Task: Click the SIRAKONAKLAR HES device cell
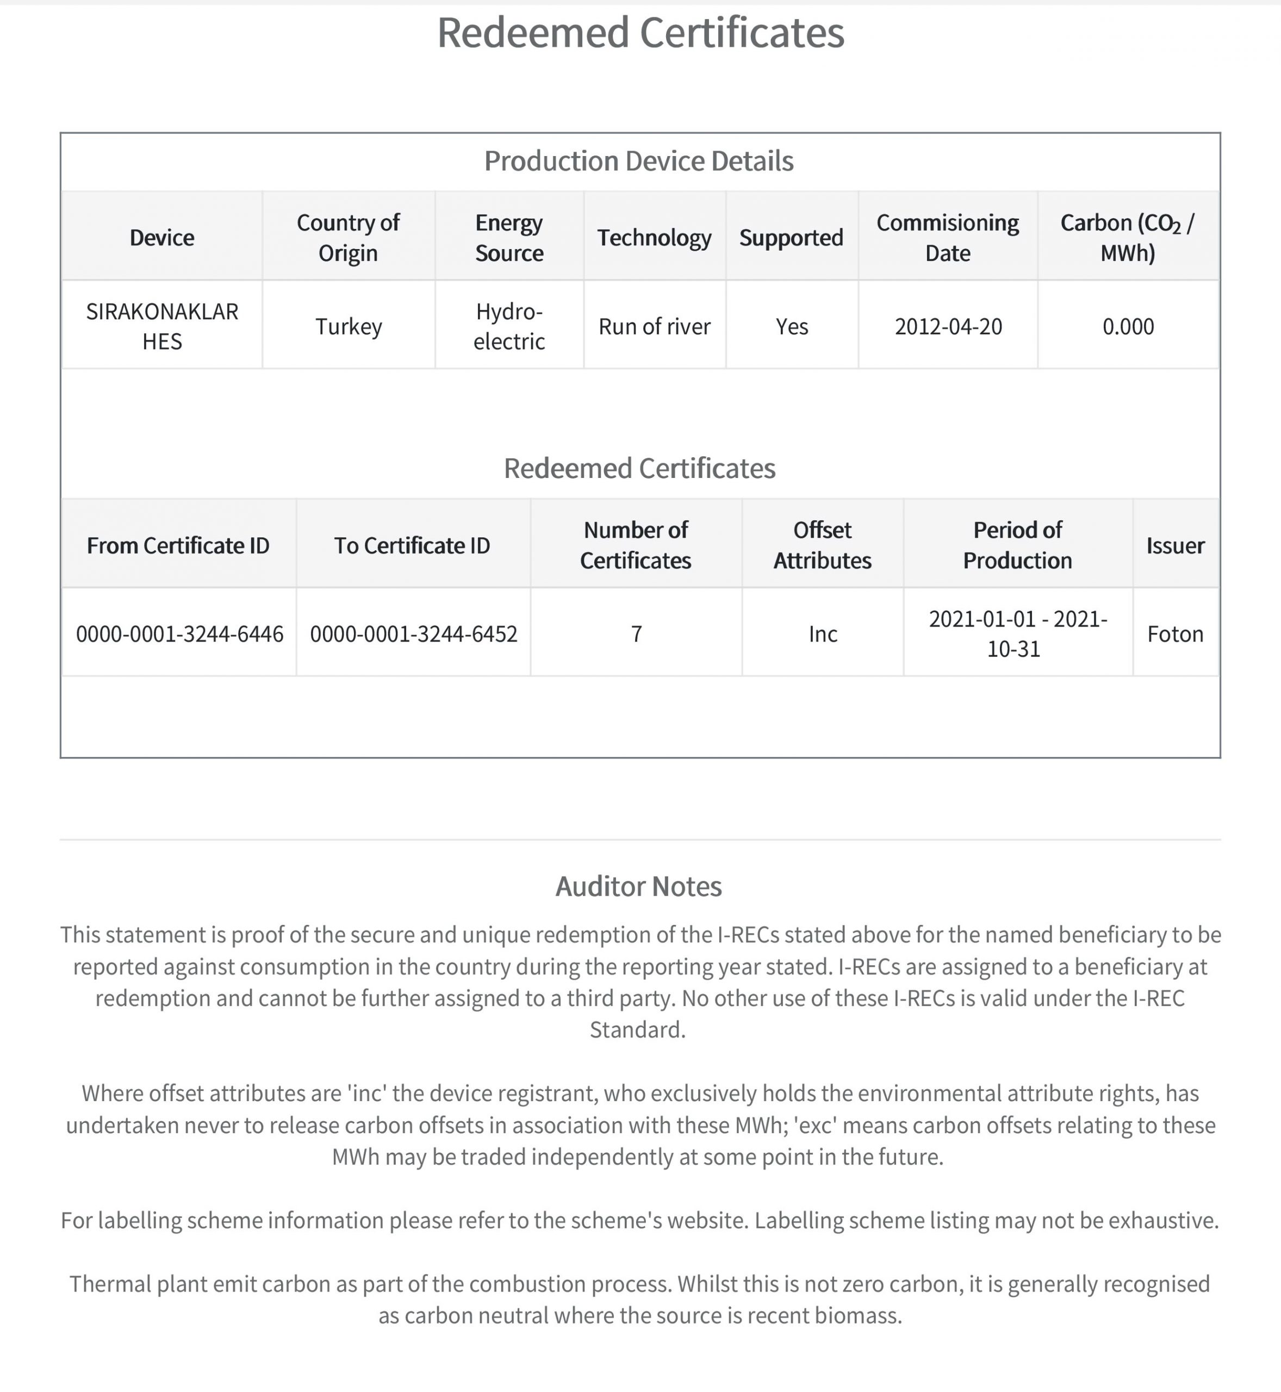pyautogui.click(x=162, y=326)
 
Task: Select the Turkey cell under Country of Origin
pyautogui.click(x=349, y=326)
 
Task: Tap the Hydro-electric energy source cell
pyautogui.click(x=509, y=326)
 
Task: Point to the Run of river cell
pyautogui.click(x=654, y=326)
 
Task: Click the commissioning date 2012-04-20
pyautogui.click(x=948, y=326)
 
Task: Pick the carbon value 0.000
pyautogui.click(x=1128, y=326)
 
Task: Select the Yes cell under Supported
pyautogui.click(x=792, y=326)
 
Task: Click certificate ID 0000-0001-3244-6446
pyautogui.click(x=179, y=633)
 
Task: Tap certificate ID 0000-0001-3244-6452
pyautogui.click(x=414, y=633)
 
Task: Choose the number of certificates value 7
pyautogui.click(x=636, y=633)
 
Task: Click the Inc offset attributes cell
pyautogui.click(x=823, y=633)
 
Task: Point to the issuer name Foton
pyautogui.click(x=1175, y=633)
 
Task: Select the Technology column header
pyautogui.click(x=654, y=238)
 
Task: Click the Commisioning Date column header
pyautogui.click(x=948, y=238)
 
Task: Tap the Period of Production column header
pyautogui.click(x=1018, y=545)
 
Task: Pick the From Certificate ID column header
pyautogui.click(x=178, y=545)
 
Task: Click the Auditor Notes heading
pyautogui.click(x=638, y=886)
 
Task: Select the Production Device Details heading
pyautogui.click(x=638, y=161)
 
